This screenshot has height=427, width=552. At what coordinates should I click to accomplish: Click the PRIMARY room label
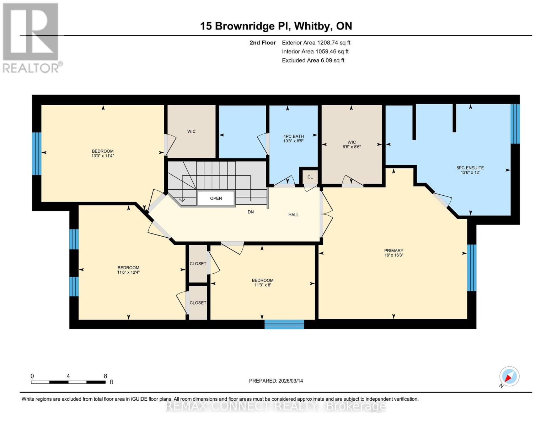coord(393,251)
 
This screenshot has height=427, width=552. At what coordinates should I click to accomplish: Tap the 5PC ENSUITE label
coord(470,168)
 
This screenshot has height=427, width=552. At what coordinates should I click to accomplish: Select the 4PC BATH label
coord(293,136)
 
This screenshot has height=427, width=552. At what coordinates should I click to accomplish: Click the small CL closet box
coord(310,177)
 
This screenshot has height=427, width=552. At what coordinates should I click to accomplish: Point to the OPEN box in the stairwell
coord(216,198)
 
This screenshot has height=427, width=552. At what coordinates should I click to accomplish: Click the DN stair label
coord(251,212)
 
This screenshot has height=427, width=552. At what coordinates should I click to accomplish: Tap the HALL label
coord(293,215)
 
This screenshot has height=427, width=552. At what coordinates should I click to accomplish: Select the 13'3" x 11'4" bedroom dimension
coord(103,156)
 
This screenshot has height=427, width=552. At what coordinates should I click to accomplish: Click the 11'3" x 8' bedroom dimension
coord(263,285)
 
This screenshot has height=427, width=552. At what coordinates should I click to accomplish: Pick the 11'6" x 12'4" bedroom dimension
coord(128,272)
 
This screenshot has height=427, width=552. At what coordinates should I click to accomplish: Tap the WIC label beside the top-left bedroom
coord(191,131)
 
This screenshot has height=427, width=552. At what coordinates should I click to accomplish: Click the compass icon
coord(509,376)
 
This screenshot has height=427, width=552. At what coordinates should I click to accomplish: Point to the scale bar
coord(68,382)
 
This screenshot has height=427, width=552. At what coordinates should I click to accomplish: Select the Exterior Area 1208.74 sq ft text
coord(316,42)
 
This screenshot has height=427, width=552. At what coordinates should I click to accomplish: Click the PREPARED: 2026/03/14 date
coord(276,381)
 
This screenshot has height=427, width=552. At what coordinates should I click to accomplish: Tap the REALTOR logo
coord(31,37)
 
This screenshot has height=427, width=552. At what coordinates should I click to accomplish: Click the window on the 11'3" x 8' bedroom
coord(284,324)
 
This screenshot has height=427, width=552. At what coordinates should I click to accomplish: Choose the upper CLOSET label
coord(198,264)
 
